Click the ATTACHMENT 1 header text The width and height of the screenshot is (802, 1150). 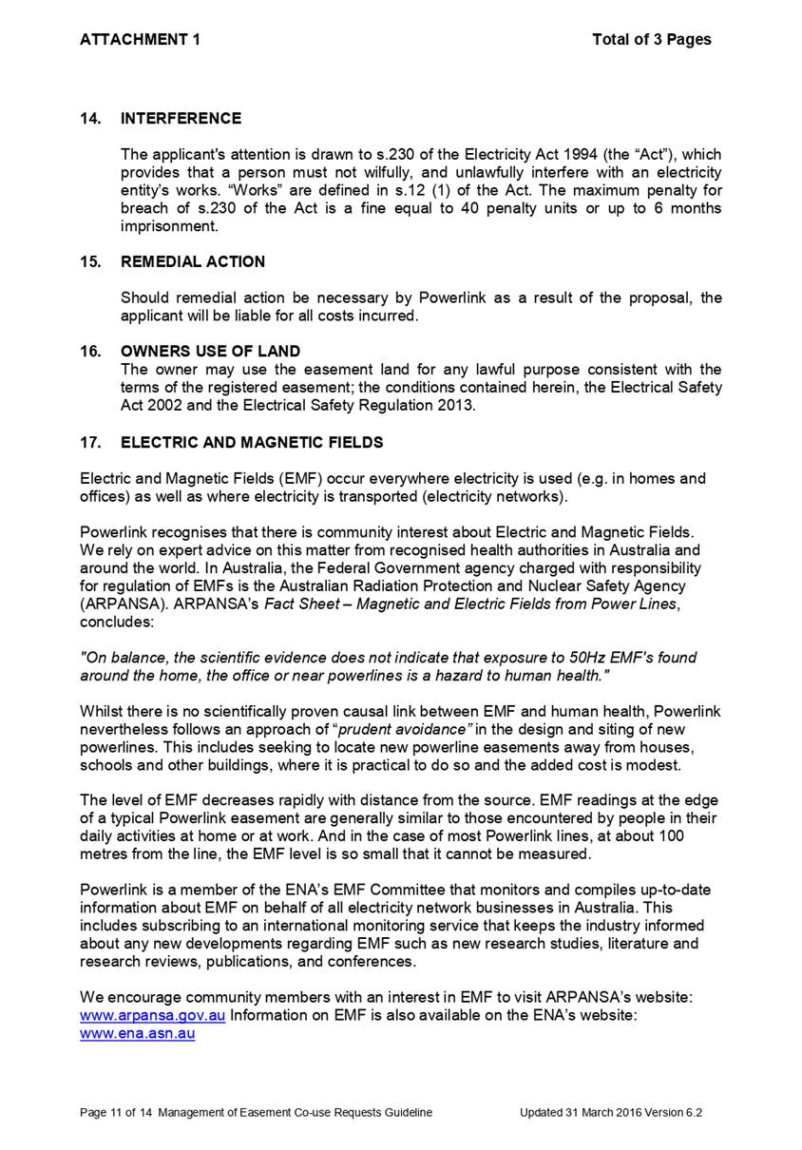click(x=140, y=39)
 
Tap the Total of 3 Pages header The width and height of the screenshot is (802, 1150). click(x=651, y=39)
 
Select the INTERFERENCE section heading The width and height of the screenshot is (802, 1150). click(x=181, y=119)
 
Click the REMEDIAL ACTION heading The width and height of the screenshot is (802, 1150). click(x=193, y=261)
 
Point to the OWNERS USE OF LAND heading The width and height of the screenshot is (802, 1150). click(x=210, y=352)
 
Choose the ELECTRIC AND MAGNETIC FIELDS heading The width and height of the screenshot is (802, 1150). click(x=252, y=442)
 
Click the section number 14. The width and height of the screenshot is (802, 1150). click(x=91, y=119)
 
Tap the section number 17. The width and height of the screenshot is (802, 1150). click(x=91, y=442)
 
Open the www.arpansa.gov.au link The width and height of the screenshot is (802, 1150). click(x=153, y=1015)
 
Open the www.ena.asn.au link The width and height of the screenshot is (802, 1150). click(x=138, y=1033)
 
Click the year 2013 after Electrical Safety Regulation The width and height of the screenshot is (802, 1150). click(x=457, y=406)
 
